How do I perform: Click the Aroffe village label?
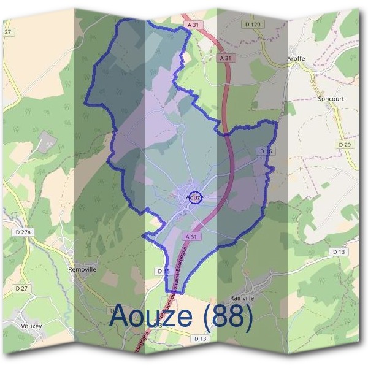pos(296,59)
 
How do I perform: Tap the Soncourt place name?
pos(331,98)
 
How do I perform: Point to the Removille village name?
pos(82,269)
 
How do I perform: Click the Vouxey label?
pos(31,326)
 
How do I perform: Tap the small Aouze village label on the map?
pos(194,197)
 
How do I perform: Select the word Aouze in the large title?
pos(154,317)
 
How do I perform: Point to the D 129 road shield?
pos(252,24)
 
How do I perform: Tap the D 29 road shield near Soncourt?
pos(345,144)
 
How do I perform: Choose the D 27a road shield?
pos(23,232)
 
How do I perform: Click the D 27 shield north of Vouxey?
pos(21,288)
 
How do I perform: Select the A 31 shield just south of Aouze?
pos(191,236)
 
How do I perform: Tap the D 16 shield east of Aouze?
pos(266,150)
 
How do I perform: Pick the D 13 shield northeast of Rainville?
pos(339,251)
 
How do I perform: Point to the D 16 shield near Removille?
pos(163,270)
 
